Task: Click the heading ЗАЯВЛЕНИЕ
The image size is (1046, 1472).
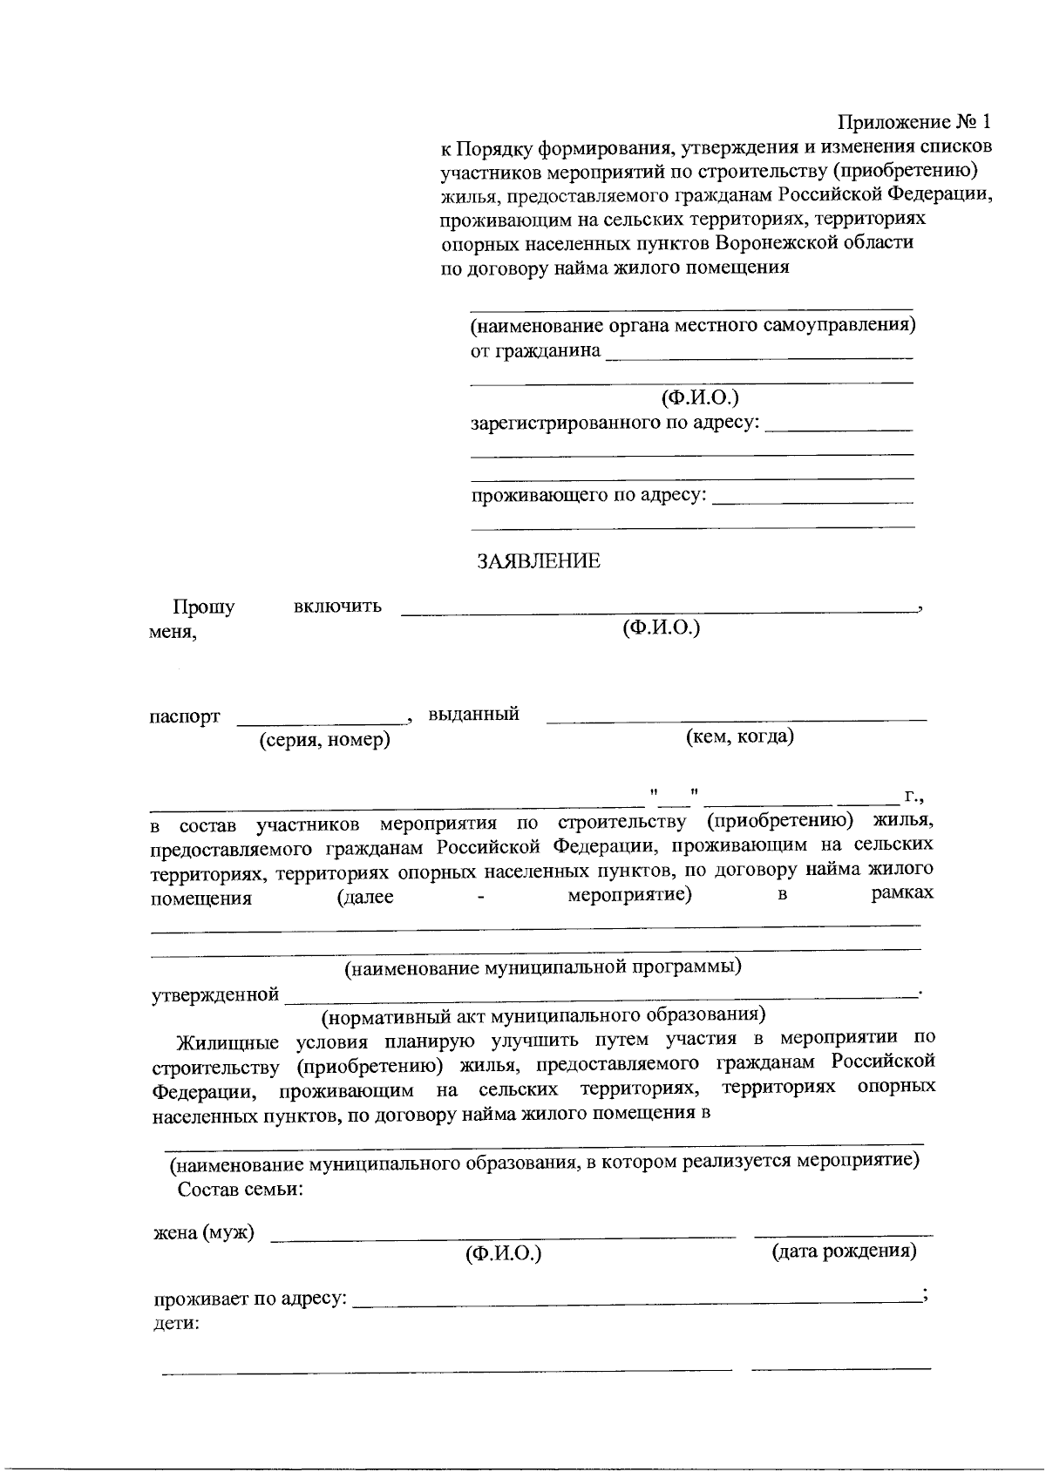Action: click(x=538, y=561)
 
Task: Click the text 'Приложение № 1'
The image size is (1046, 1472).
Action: click(x=915, y=121)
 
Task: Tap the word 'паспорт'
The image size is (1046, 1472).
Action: click(x=184, y=717)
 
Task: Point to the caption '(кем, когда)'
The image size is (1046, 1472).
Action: click(x=740, y=737)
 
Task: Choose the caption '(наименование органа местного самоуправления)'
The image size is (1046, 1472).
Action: click(x=693, y=326)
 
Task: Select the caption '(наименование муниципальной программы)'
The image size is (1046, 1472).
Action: click(x=543, y=967)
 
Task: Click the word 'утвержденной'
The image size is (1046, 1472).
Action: click(x=215, y=994)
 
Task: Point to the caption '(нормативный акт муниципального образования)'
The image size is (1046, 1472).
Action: click(x=544, y=1015)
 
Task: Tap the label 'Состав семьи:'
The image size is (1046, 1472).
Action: click(x=241, y=1190)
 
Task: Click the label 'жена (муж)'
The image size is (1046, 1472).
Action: click(x=204, y=1233)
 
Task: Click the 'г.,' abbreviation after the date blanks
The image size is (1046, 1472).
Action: click(x=913, y=795)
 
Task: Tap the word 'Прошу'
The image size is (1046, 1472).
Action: click(x=203, y=607)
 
